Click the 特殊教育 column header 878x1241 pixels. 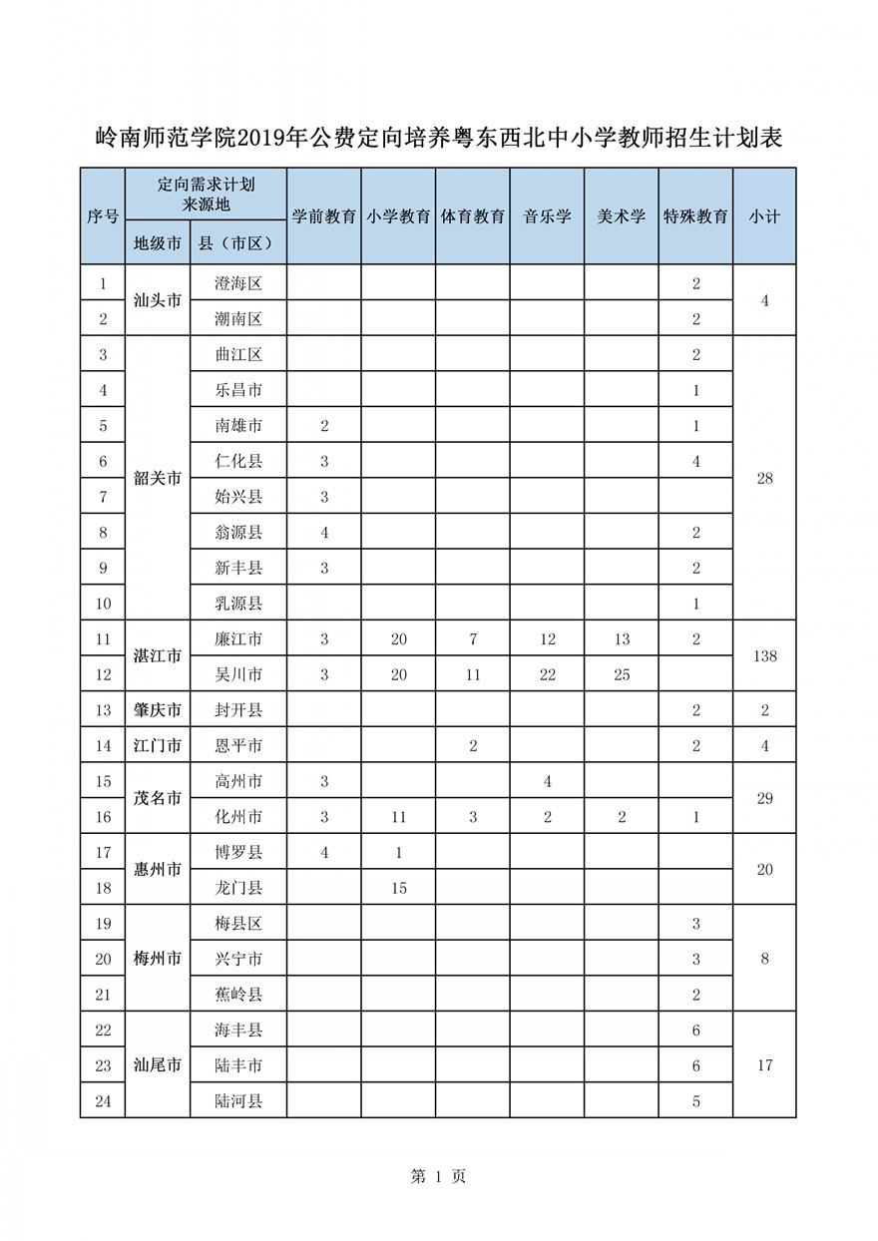pyautogui.click(x=695, y=216)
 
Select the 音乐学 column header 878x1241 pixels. pyautogui.click(x=547, y=216)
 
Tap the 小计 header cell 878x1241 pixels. pyautogui.click(x=764, y=216)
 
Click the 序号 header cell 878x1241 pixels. pyautogui.click(x=103, y=216)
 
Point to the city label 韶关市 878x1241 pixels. pyautogui.click(x=158, y=478)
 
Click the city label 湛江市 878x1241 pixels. pyautogui.click(x=158, y=656)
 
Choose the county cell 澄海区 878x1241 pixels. pyautogui.click(x=238, y=283)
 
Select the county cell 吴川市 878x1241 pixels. pyautogui.click(x=238, y=674)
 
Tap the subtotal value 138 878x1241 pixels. pyautogui.click(x=764, y=656)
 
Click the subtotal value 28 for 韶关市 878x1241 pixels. pyautogui.click(x=764, y=478)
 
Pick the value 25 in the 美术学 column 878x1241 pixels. pyautogui.click(x=622, y=674)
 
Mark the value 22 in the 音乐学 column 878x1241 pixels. pyautogui.click(x=547, y=674)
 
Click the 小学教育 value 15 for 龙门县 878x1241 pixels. pyautogui.click(x=398, y=888)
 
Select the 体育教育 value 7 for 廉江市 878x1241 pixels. pyautogui.click(x=473, y=639)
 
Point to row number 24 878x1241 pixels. pyautogui.click(x=103, y=1101)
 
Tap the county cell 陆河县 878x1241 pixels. pyautogui.click(x=238, y=1101)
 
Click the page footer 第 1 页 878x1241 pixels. pyautogui.click(x=438, y=1177)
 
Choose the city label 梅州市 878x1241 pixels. pyautogui.click(x=158, y=959)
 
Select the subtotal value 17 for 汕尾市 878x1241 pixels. pyautogui.click(x=764, y=1065)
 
